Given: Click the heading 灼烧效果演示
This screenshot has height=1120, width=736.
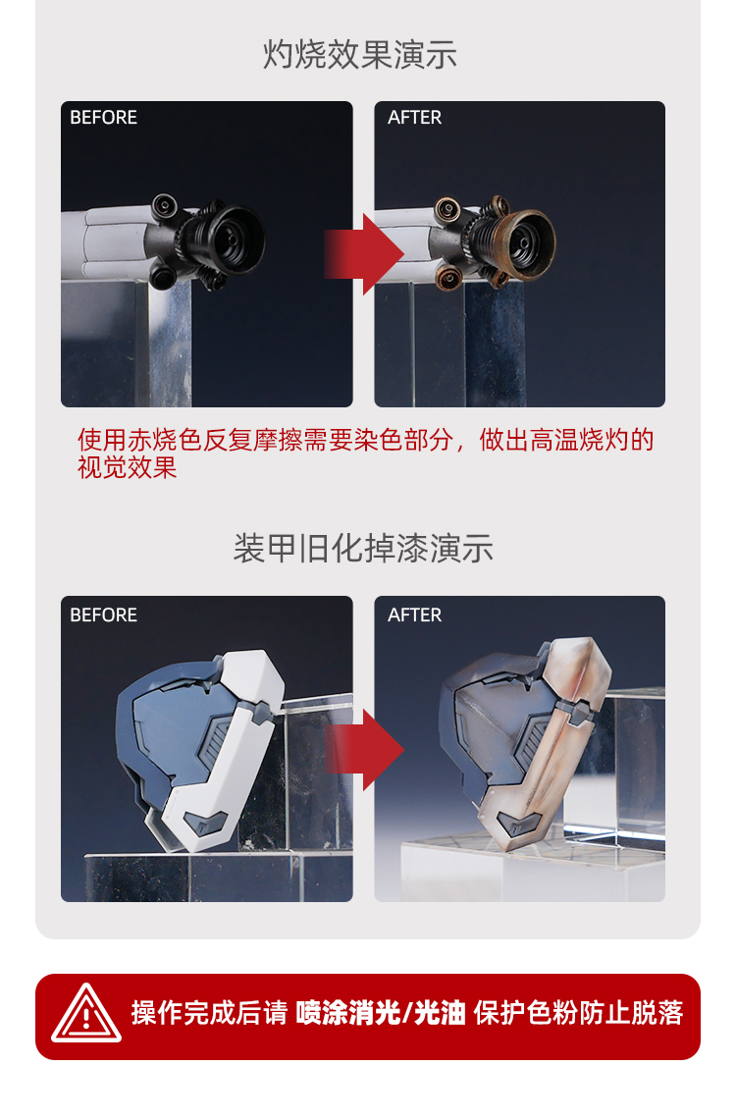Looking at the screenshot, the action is pyautogui.click(x=360, y=55).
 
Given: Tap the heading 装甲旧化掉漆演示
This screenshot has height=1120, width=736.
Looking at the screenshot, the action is pyautogui.click(x=363, y=549).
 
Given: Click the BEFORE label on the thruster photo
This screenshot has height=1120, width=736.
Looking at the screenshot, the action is pyautogui.click(x=103, y=117).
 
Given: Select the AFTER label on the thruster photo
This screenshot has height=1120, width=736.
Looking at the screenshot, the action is pyautogui.click(x=415, y=117).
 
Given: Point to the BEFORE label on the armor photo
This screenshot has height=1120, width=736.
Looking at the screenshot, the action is pyautogui.click(x=103, y=615).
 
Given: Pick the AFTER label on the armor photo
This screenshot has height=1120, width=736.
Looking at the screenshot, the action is pyautogui.click(x=415, y=615).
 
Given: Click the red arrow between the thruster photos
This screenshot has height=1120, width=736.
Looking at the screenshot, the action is pyautogui.click(x=364, y=253).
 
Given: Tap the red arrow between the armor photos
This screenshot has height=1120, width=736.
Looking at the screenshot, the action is pyautogui.click(x=364, y=750).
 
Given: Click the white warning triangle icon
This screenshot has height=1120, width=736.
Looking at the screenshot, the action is pyautogui.click(x=86, y=1014).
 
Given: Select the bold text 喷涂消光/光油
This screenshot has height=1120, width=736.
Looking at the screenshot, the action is pyautogui.click(x=381, y=1013).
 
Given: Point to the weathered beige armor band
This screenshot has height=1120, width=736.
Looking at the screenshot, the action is pyautogui.click(x=550, y=743).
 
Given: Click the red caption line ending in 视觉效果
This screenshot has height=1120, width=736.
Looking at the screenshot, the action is pyautogui.click(x=365, y=453).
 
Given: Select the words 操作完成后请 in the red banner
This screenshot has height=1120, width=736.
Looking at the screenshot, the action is pyautogui.click(x=209, y=1013).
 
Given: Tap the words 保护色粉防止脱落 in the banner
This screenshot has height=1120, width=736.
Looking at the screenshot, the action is pyautogui.click(x=578, y=1013).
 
